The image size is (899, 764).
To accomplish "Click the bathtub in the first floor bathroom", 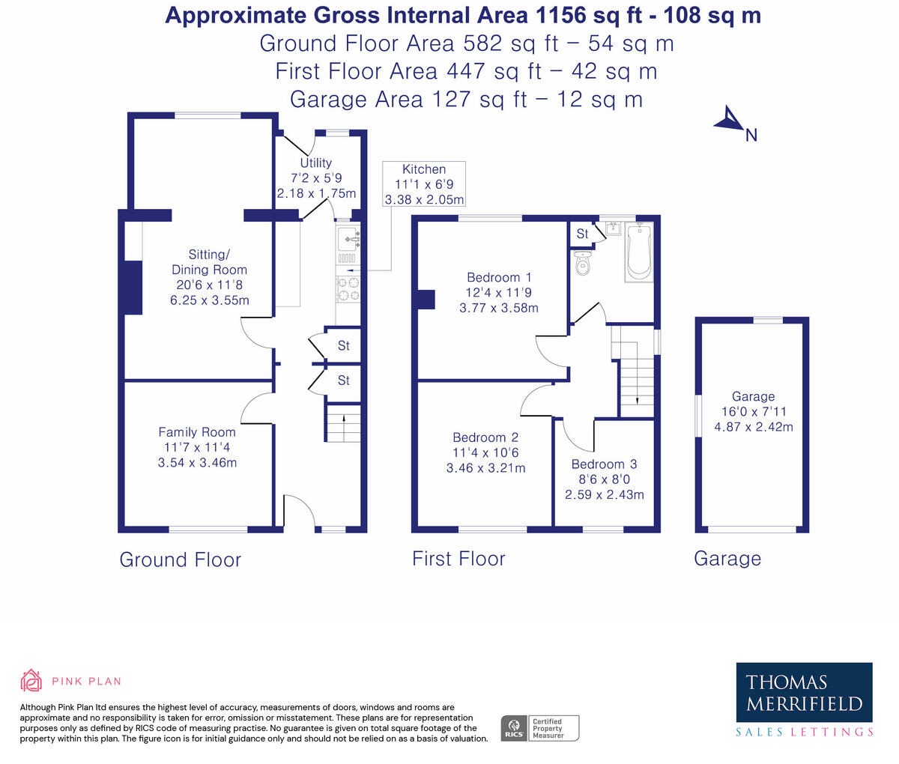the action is click(x=638, y=252).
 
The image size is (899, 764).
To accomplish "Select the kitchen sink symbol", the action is click(x=348, y=239).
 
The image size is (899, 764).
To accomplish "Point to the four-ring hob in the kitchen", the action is click(x=348, y=289).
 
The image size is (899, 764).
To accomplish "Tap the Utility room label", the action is click(x=316, y=163).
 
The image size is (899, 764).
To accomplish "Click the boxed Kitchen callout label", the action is click(x=424, y=184).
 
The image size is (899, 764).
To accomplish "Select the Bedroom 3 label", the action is click(x=604, y=464).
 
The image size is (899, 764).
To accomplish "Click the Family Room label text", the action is click(x=197, y=431).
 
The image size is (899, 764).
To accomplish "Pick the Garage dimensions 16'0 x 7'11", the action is click(x=754, y=411).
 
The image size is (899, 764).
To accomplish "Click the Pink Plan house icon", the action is click(x=31, y=681).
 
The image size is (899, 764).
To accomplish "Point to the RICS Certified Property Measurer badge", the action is click(x=539, y=728).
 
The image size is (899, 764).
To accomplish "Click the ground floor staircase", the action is click(x=344, y=423).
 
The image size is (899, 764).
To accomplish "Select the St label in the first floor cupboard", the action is click(x=582, y=234).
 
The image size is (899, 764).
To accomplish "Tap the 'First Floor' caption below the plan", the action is click(x=458, y=559).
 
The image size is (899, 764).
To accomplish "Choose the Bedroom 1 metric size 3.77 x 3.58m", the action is click(x=499, y=308).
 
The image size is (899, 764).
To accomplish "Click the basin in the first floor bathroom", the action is click(x=614, y=228).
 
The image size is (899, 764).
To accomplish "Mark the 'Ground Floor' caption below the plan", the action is click(x=180, y=560).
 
